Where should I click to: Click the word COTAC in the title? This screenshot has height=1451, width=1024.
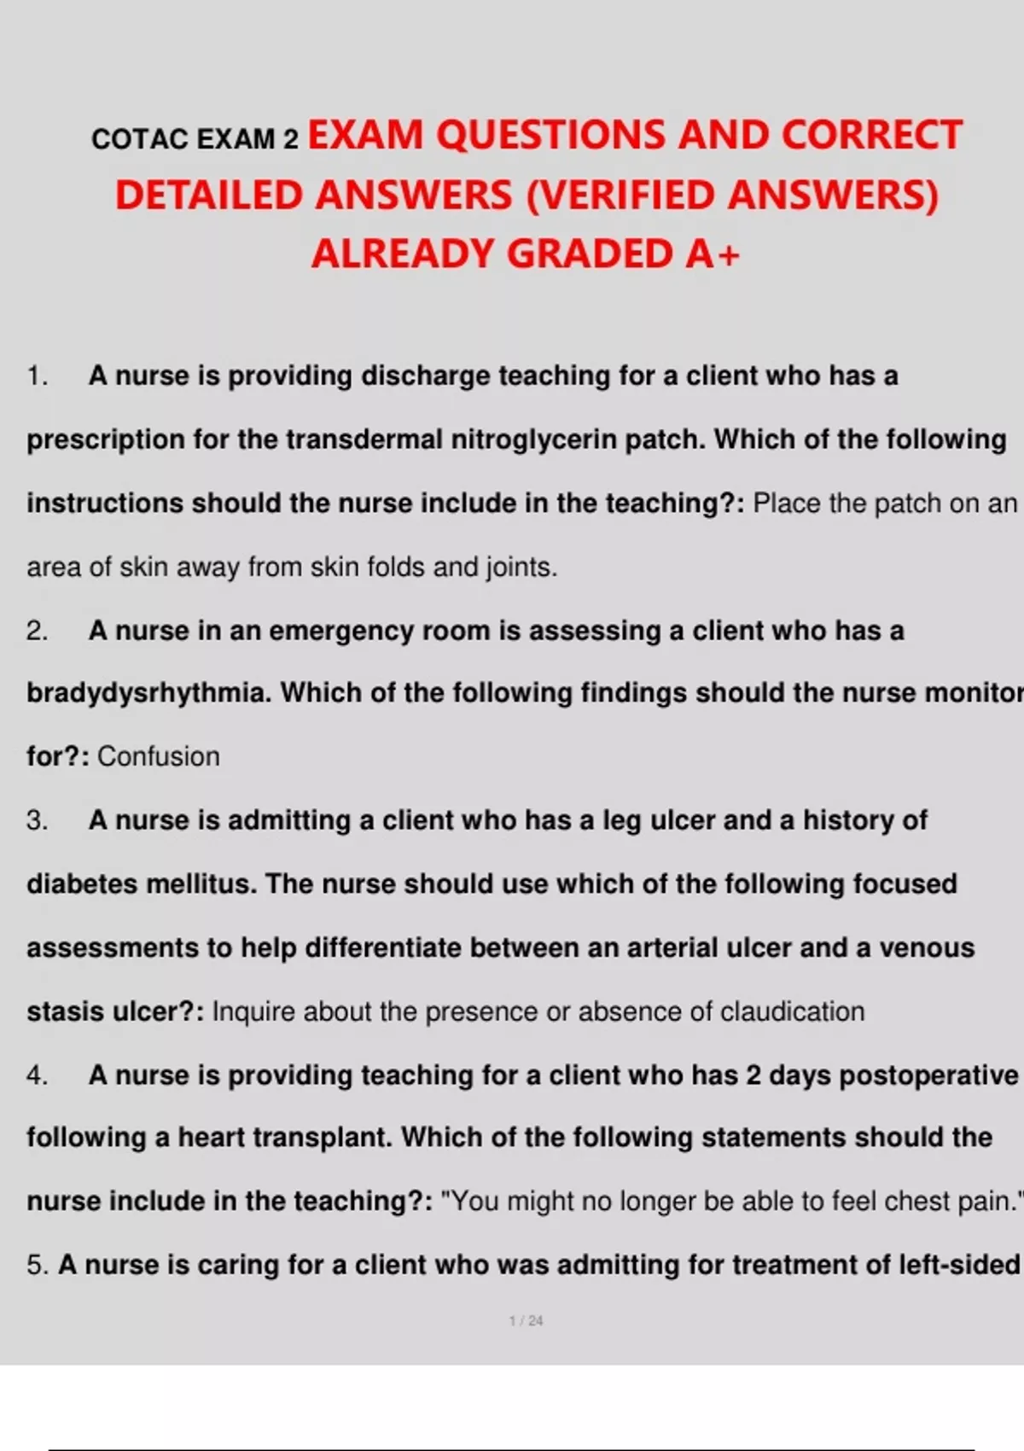tap(141, 139)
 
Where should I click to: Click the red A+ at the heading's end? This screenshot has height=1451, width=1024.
tap(713, 253)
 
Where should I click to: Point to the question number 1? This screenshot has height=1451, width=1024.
tap(37, 376)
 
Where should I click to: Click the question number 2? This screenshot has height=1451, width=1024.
tap(37, 631)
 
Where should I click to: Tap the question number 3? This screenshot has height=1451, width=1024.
tap(37, 820)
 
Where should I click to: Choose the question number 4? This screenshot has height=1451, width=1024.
tap(37, 1075)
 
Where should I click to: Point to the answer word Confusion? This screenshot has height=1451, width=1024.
tap(159, 756)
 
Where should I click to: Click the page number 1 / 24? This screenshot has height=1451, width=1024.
tap(526, 1320)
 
